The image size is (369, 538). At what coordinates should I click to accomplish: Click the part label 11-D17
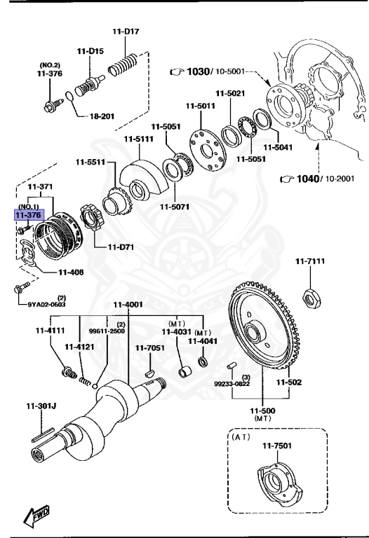coord(126,31)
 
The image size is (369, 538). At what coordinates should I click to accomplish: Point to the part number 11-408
coord(71,272)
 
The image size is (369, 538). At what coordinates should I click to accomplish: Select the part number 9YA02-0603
coord(47,304)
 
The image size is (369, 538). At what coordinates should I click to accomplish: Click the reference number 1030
coord(199,71)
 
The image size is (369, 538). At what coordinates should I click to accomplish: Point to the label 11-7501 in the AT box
coord(276,446)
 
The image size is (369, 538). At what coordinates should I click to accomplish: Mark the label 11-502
coord(288,382)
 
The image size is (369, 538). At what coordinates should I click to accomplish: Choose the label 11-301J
coord(41,405)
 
